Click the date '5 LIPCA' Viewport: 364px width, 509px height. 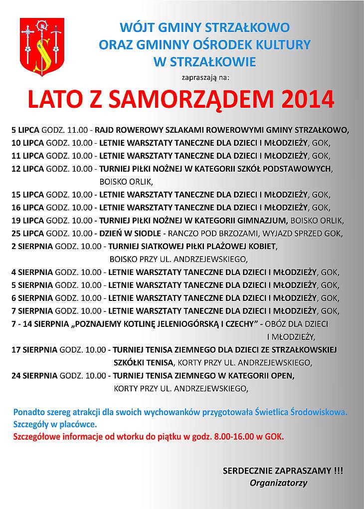click(x=25, y=130)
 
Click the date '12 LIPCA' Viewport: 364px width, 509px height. click(x=27, y=168)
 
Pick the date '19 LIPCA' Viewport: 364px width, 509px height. click(x=27, y=220)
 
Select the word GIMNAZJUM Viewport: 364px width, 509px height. click(x=261, y=220)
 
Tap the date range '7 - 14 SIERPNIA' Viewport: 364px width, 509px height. click(x=41, y=323)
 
